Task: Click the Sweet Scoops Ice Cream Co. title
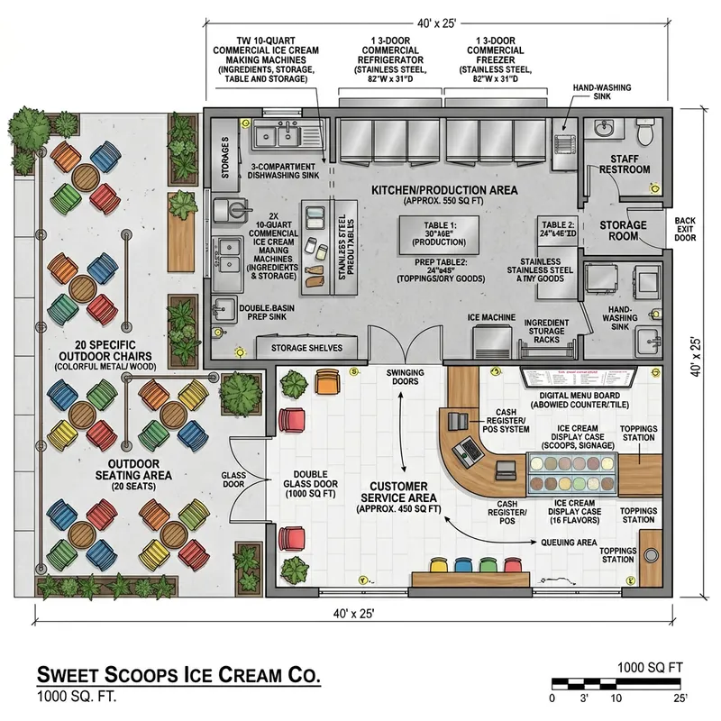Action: click(178, 676)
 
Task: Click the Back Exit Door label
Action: click(685, 230)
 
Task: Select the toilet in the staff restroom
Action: click(643, 133)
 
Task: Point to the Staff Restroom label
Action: click(625, 164)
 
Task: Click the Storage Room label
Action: click(624, 231)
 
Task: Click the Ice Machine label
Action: click(491, 318)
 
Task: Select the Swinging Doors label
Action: click(405, 378)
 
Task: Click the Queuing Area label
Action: click(569, 543)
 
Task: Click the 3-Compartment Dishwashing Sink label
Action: click(283, 171)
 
